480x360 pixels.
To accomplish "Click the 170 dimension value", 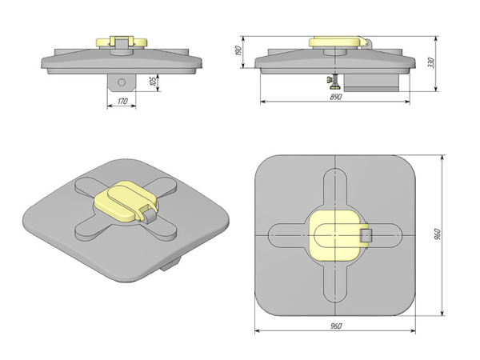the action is tap(122, 101).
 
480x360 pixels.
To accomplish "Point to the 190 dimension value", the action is tap(238, 50).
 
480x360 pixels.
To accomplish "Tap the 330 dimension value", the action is tap(431, 62).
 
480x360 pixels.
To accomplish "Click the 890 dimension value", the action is tap(336, 97).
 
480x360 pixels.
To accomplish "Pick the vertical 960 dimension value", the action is tap(438, 234).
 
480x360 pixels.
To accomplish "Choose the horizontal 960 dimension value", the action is tap(336, 326).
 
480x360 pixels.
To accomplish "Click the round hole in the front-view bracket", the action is tap(122, 82).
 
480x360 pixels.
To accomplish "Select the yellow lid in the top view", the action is tap(337, 235).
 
